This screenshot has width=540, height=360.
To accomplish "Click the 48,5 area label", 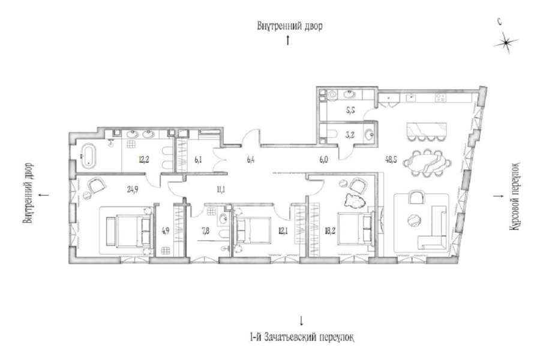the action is tap(391, 160).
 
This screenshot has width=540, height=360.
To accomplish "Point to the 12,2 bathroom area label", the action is tap(143, 160).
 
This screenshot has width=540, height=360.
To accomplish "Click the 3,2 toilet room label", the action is tap(350, 135).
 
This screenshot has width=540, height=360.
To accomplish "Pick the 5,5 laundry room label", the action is tap(350, 110).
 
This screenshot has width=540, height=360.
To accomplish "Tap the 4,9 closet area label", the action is tap(166, 231).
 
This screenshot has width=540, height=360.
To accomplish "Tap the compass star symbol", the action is tap(506, 43).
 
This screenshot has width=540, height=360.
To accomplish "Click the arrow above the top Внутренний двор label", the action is tap(288, 40).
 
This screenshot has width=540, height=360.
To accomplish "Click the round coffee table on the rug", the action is tap(413, 220).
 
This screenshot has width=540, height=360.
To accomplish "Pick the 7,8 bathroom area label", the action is tap(206, 231).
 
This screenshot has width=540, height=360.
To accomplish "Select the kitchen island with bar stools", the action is tap(427, 130).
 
